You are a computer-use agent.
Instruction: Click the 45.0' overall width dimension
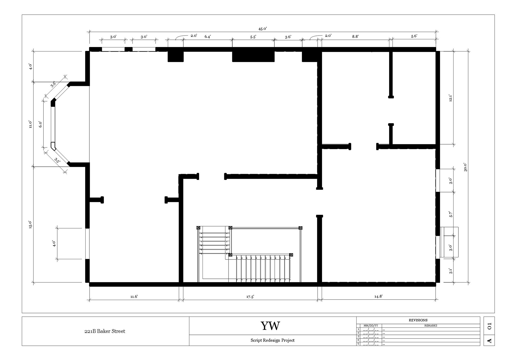[262, 29]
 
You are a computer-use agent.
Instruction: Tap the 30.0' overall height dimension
[466, 167]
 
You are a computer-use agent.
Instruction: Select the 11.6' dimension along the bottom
[134, 297]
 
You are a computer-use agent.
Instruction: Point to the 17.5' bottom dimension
[250, 297]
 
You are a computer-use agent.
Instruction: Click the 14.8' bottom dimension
[378, 296]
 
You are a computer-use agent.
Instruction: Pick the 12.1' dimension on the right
[451, 98]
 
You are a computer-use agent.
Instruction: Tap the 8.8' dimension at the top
[355, 37]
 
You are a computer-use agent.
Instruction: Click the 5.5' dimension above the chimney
[253, 37]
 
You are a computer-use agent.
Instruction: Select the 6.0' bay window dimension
[40, 124]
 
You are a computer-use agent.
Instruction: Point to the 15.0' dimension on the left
[30, 225]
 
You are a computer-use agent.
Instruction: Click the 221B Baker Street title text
[105, 331]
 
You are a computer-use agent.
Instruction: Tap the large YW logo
[270, 326]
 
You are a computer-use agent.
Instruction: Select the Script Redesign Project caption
[273, 340]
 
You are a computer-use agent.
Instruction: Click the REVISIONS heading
[418, 320]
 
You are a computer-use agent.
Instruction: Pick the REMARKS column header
[431, 326]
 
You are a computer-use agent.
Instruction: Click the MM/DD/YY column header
[371, 326]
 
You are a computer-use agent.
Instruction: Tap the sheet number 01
[489, 326]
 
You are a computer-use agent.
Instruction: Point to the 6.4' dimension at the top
[208, 37]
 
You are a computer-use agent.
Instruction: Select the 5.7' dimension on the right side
[451, 214]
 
